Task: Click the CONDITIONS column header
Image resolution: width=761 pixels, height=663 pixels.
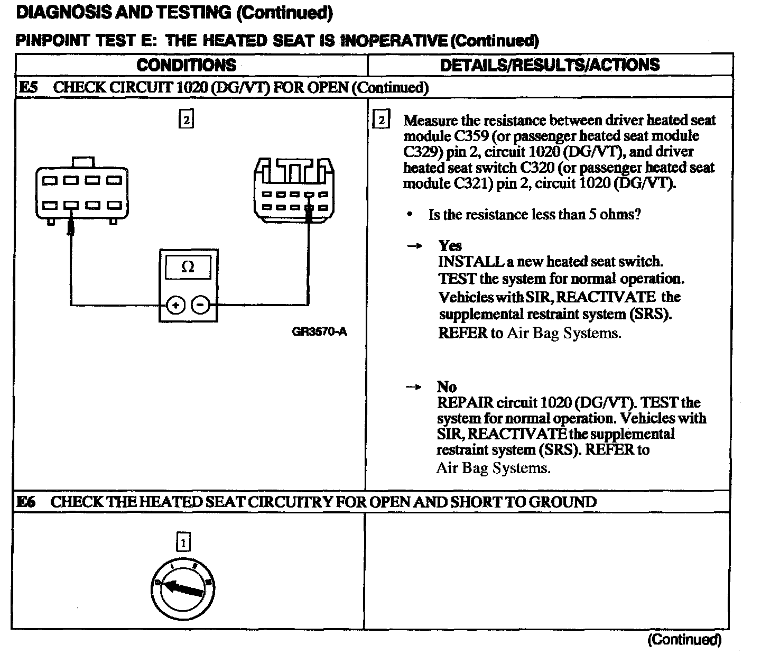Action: coord(186,65)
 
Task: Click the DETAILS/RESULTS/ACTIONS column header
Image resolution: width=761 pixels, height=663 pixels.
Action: coord(550,65)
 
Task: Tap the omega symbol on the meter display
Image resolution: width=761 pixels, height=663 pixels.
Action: coord(188,268)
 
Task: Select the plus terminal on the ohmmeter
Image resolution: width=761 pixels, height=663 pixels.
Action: coord(176,305)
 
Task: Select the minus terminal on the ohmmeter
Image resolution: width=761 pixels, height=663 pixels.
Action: coord(200,305)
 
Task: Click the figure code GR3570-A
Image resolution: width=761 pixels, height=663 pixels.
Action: coord(319,332)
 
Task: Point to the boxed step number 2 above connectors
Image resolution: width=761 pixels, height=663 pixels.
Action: coord(186,119)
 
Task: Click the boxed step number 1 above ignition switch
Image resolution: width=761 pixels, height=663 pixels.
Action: coord(183,542)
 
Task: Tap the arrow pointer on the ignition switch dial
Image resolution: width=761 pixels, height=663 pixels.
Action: coord(182,588)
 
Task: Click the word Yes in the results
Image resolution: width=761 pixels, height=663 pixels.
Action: coord(450,246)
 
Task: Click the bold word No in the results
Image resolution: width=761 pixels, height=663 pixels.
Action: coord(447,387)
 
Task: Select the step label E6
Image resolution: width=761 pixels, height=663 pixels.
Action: coord(26,502)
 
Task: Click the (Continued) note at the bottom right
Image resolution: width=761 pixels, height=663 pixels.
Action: coord(684,640)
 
